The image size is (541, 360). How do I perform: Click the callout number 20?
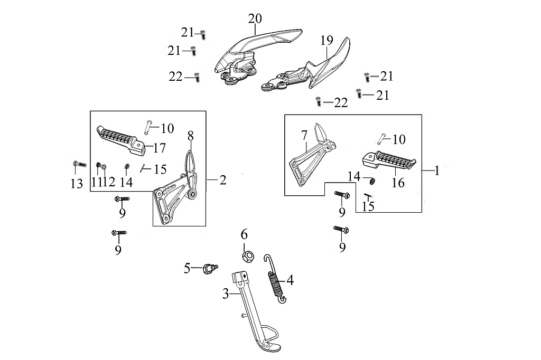[x=255, y=19]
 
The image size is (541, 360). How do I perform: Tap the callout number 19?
[x=327, y=40]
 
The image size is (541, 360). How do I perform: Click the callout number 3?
[x=225, y=294]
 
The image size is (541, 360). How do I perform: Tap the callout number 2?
[x=222, y=181]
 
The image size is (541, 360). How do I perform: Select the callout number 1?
[x=437, y=171]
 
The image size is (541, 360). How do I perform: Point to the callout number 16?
[x=398, y=183]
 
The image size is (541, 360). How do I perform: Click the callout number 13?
[x=77, y=184]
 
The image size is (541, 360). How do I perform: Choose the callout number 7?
[x=304, y=136]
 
